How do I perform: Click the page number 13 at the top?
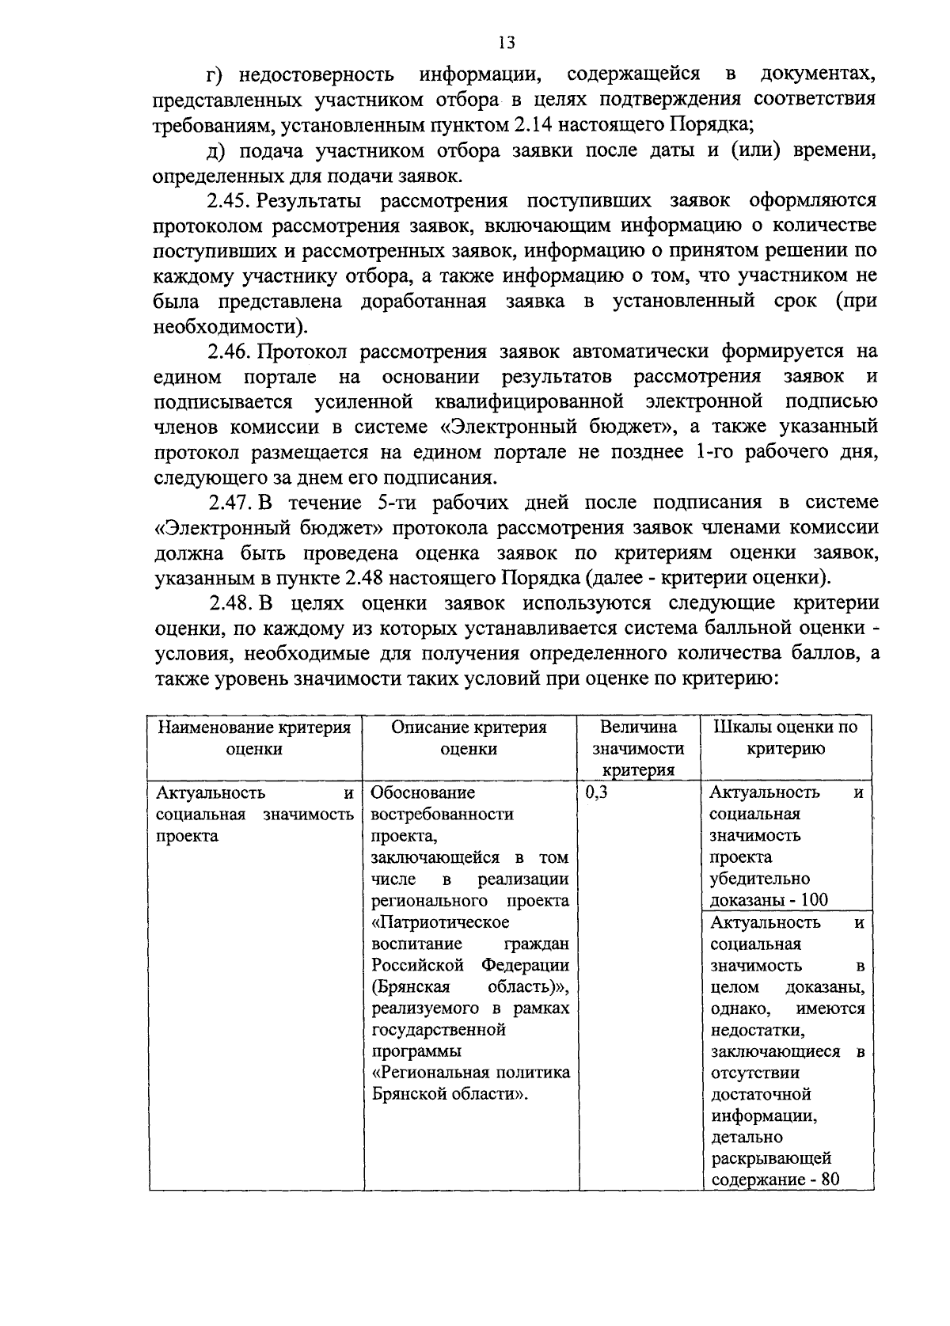[x=507, y=42]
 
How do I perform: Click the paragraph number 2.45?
[x=230, y=200]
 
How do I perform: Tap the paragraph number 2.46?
[x=230, y=351]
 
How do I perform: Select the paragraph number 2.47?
[x=230, y=503]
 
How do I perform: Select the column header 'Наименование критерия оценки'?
[x=254, y=738]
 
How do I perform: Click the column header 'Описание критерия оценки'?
[x=469, y=738]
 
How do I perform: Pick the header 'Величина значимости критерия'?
[x=638, y=748]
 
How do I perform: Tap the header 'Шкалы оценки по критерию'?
[x=785, y=738]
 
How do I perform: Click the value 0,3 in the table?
[x=596, y=792]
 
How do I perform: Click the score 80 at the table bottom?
[x=830, y=1180]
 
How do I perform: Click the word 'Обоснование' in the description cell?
[x=423, y=792]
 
